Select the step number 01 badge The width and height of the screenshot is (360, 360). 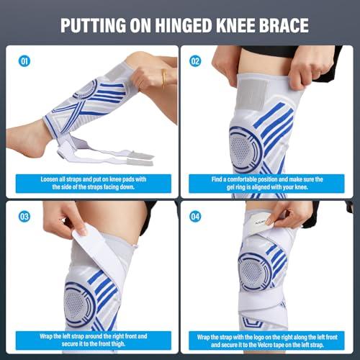pyautogui.click(x=24, y=61)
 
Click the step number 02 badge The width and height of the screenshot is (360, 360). pyautogui.click(x=195, y=61)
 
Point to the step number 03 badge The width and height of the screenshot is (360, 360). pyautogui.click(x=24, y=217)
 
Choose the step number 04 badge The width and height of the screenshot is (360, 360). pyautogui.click(x=195, y=217)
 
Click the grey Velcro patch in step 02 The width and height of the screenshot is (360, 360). pyautogui.click(x=254, y=94)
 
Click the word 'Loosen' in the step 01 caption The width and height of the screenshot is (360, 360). pyautogui.click(x=49, y=179)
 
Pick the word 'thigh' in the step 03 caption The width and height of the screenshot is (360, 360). pyautogui.click(x=118, y=343)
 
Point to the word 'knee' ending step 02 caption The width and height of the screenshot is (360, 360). pyautogui.click(x=302, y=187)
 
